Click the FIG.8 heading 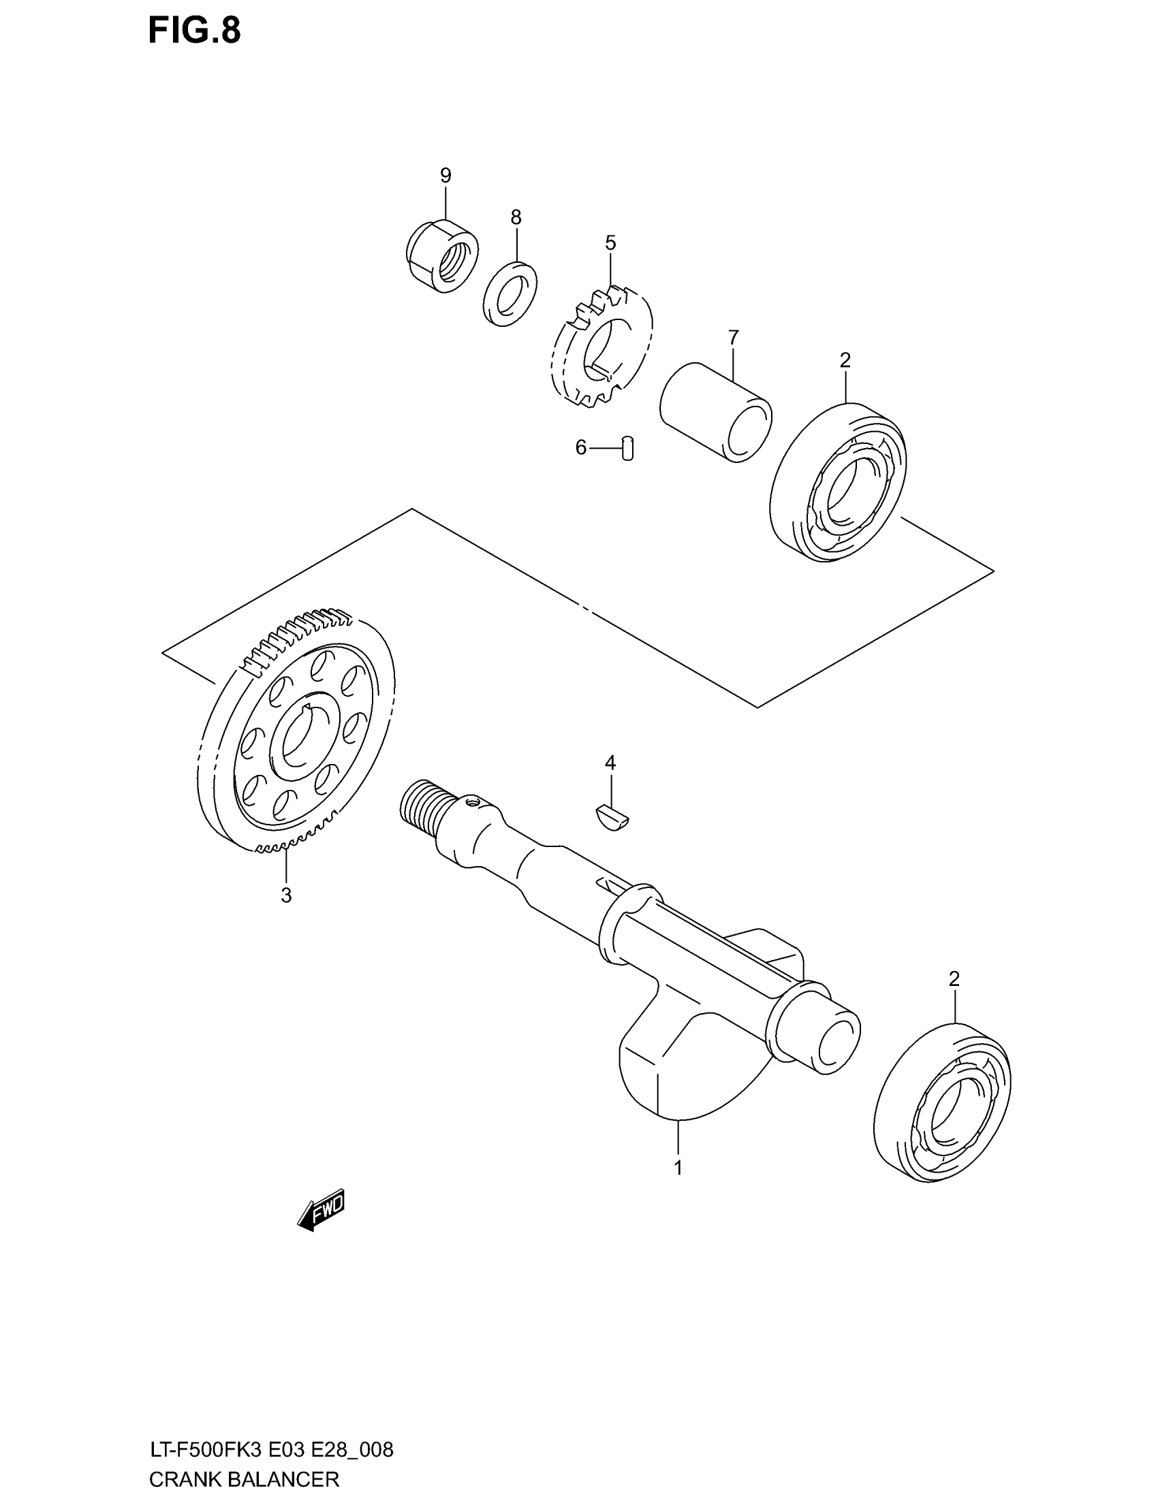pos(194,31)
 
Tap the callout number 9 pos(445,176)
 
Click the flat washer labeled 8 pos(510,293)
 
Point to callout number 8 pos(516,217)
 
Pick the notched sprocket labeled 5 pos(601,347)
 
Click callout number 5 pos(610,243)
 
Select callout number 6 pos(581,448)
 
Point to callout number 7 pos(734,338)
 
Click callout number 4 pos(610,763)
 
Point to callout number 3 pos(286,895)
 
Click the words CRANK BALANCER pos(245,1479)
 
